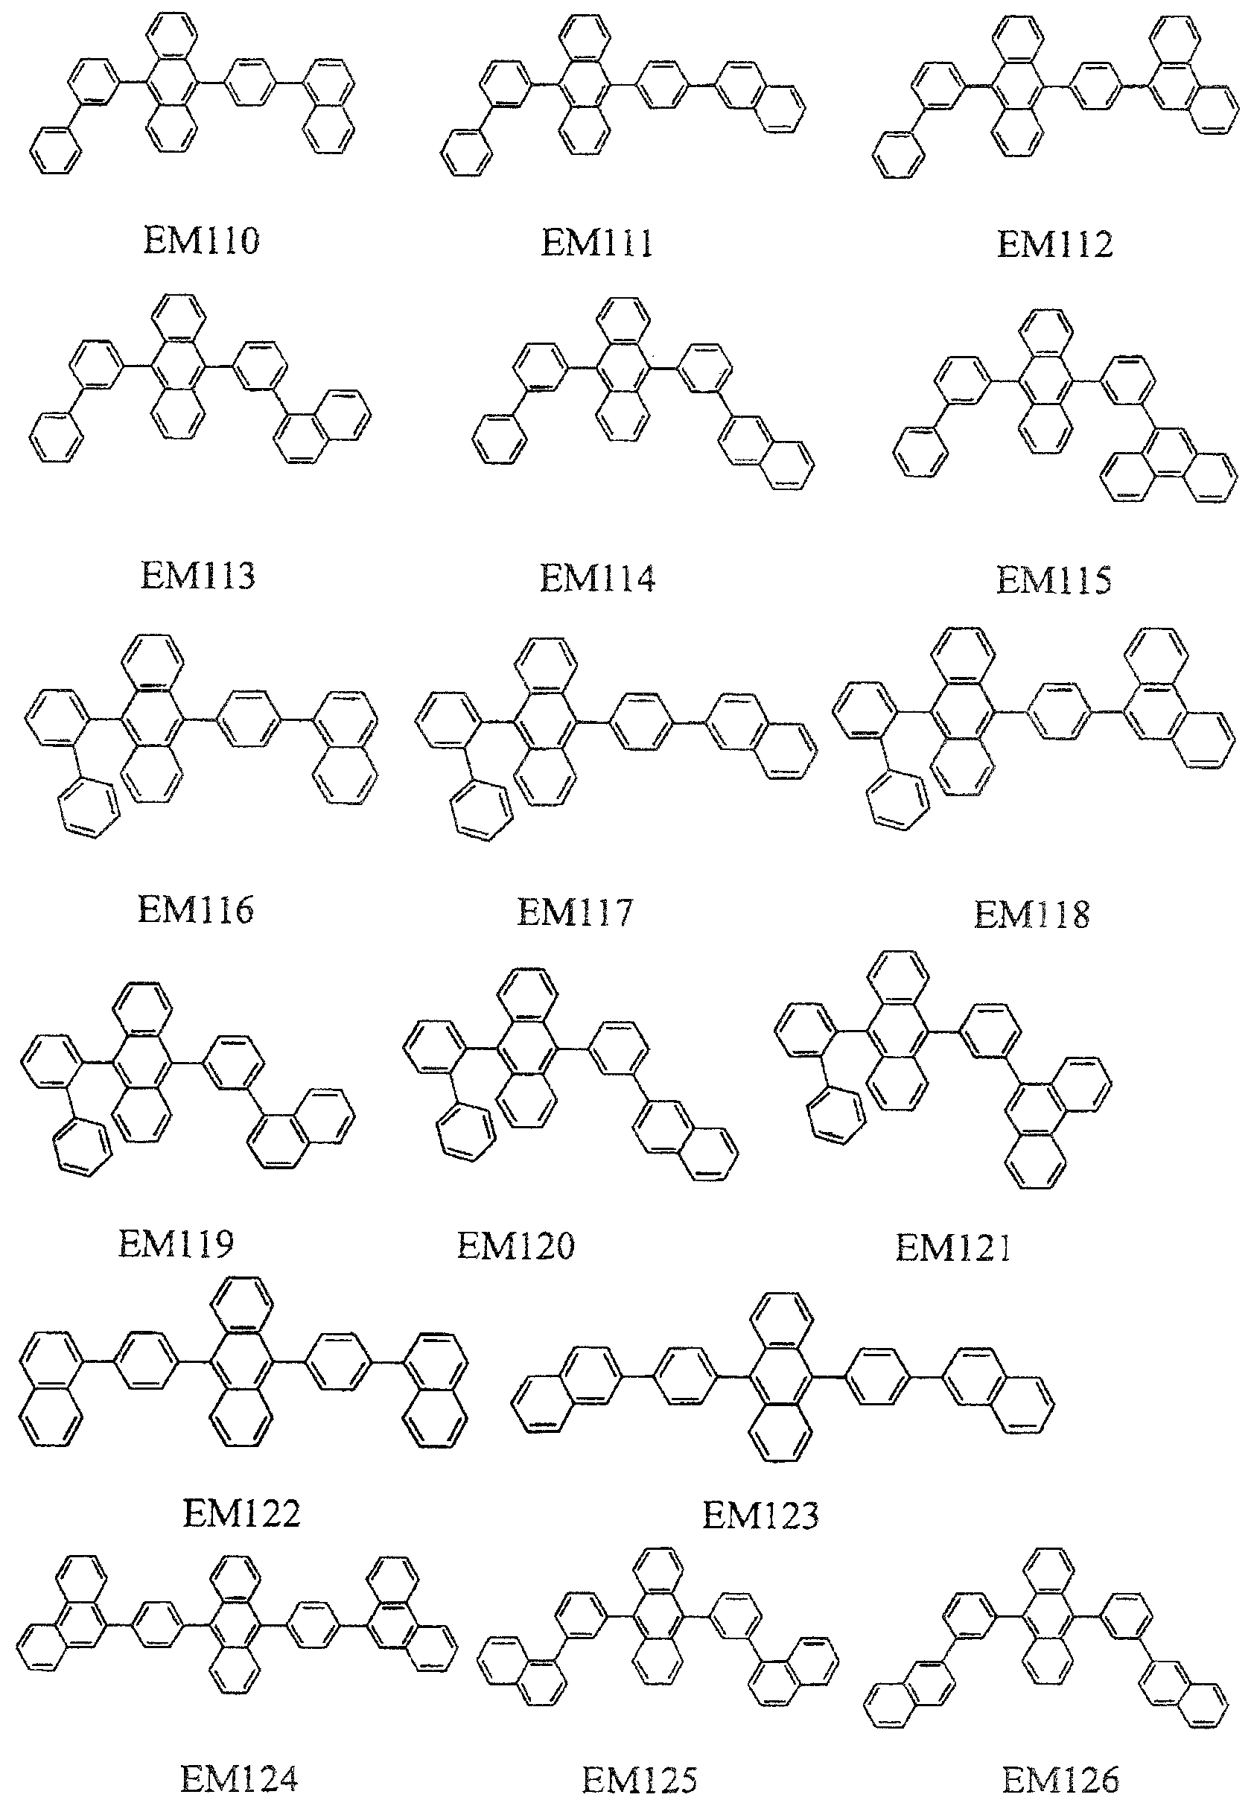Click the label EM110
pos(200,241)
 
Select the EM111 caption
pos(596,242)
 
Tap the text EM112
pos(1054,244)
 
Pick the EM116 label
pos(195,910)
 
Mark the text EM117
pos(575,912)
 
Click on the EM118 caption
pos(1031,915)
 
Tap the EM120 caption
pos(516,1246)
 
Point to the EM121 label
pos(953,1247)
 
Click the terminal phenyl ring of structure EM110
pos(56,150)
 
